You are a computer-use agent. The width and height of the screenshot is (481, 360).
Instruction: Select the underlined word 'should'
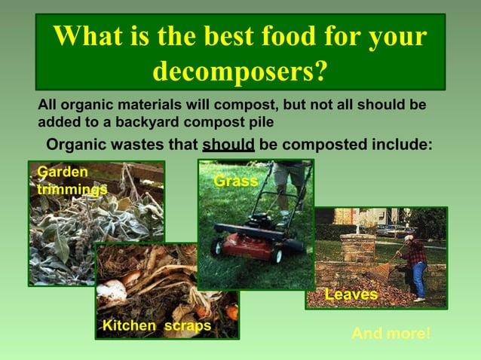228,144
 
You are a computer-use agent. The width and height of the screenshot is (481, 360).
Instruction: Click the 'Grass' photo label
235,182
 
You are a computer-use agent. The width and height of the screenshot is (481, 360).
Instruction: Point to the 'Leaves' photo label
351,294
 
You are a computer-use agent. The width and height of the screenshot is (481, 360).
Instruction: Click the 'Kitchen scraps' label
157,325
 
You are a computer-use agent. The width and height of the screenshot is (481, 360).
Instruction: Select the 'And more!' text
391,333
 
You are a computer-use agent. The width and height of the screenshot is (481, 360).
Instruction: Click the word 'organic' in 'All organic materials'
82,105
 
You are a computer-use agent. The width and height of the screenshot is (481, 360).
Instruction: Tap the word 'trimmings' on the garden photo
72,189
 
